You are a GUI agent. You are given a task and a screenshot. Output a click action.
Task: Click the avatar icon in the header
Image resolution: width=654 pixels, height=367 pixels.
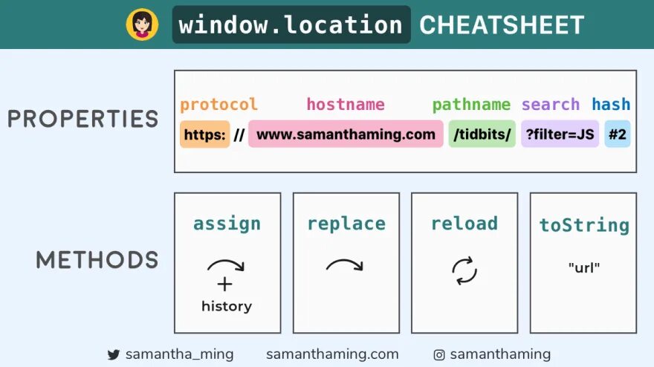[x=142, y=25]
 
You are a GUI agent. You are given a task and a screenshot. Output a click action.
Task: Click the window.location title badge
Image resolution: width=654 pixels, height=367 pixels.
[x=291, y=25]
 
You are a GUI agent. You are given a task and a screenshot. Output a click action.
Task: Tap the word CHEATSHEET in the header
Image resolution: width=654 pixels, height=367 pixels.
[x=502, y=25]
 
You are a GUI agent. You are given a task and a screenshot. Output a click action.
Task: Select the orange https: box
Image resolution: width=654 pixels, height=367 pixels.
[x=204, y=134]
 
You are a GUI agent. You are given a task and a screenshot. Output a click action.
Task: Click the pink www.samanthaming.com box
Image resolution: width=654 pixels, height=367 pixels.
[x=346, y=134]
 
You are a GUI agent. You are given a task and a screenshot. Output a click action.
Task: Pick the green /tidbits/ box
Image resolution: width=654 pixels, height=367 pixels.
[x=482, y=134]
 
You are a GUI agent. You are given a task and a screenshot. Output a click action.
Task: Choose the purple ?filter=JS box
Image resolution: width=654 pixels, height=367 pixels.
[x=560, y=134]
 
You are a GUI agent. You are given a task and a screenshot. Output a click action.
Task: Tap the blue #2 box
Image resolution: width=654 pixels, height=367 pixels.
[x=617, y=134]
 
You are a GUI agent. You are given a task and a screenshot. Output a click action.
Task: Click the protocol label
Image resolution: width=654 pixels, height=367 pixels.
[x=218, y=105]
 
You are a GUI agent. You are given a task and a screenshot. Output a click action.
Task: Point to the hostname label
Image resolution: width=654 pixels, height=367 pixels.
[x=346, y=105]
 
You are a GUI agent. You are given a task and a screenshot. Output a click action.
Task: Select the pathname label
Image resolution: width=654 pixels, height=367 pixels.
[x=471, y=105]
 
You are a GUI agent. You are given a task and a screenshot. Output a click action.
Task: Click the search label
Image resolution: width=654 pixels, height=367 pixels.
[x=550, y=105]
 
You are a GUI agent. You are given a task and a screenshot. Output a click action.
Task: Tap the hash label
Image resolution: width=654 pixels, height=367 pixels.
[x=611, y=105]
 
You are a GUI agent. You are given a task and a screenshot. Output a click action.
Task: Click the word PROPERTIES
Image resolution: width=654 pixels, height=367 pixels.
[x=82, y=119]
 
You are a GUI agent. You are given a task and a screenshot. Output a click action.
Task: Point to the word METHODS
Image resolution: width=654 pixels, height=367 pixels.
[x=97, y=260]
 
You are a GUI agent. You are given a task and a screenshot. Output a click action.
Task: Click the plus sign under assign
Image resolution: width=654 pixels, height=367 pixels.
[x=225, y=285]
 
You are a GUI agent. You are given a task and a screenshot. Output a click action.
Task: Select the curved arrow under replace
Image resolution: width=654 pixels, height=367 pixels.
[x=345, y=265]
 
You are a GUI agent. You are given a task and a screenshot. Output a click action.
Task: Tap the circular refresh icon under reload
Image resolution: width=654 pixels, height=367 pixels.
[x=464, y=270]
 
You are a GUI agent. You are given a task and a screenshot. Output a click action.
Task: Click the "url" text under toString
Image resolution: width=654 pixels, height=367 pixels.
[x=583, y=268]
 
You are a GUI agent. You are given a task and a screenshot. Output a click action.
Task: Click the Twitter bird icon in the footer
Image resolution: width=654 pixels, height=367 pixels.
[x=114, y=355]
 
